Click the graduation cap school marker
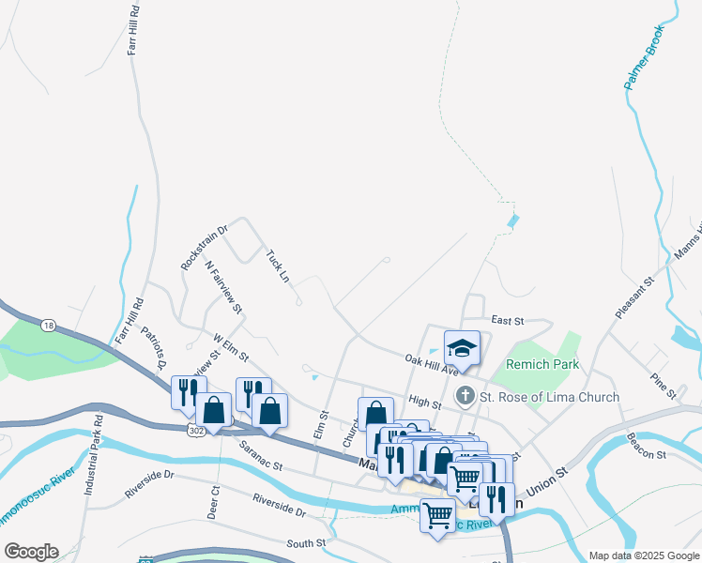click(x=462, y=350)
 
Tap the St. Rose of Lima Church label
click(x=549, y=397)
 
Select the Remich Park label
click(x=542, y=364)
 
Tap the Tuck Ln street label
click(x=277, y=266)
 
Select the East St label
click(x=507, y=321)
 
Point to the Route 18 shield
click(x=48, y=325)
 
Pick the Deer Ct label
click(x=215, y=502)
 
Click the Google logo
click(x=31, y=552)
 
